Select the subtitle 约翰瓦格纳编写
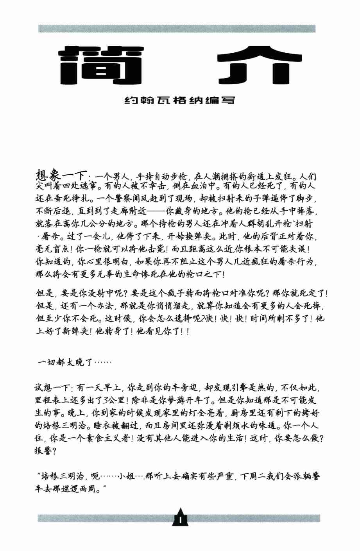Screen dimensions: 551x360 point(179,100)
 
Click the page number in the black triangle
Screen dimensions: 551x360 point(180,520)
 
